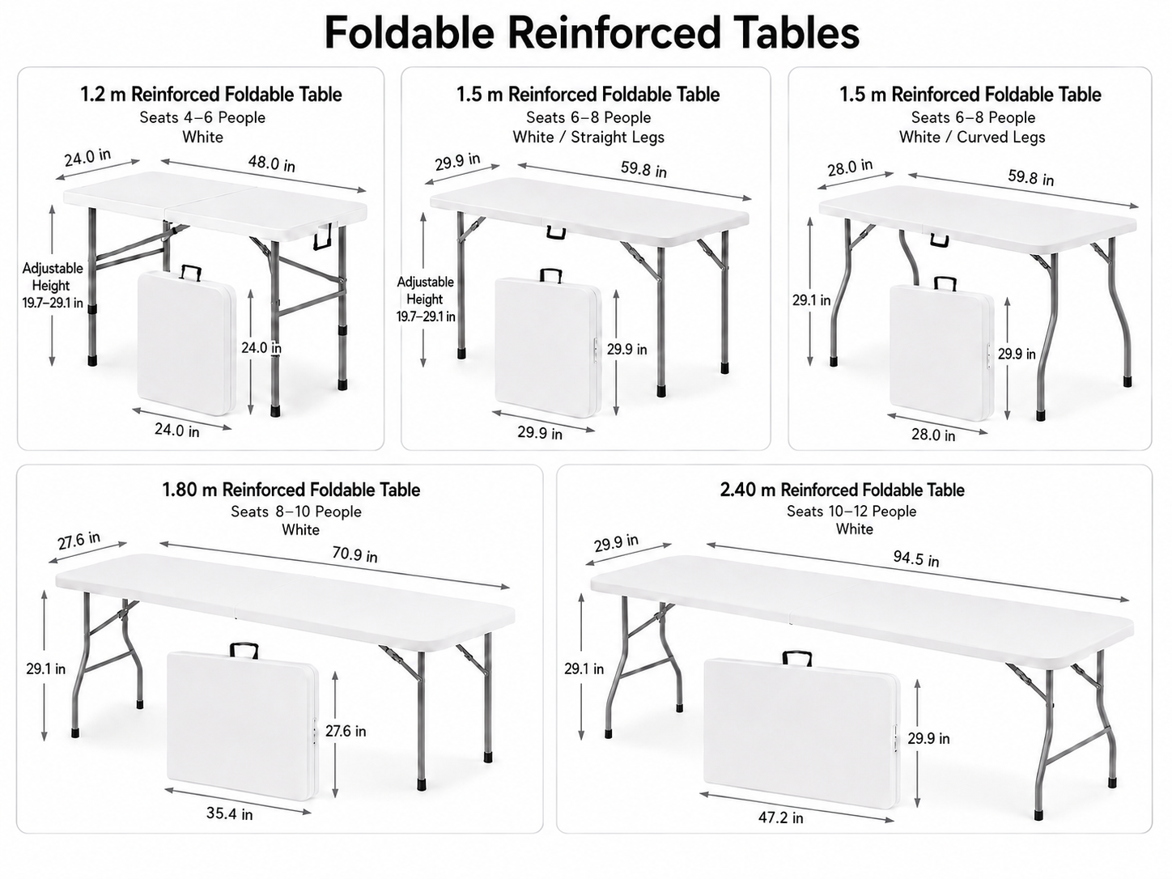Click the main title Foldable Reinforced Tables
click(591, 33)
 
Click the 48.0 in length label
click(271, 163)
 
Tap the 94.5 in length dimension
click(915, 558)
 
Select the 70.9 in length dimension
click(355, 554)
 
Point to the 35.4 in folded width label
click(230, 813)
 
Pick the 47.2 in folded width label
click(780, 817)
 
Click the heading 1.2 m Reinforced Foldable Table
click(211, 95)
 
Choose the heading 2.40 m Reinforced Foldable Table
click(842, 490)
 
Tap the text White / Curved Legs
click(972, 137)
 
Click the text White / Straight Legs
click(588, 137)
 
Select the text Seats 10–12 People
click(851, 512)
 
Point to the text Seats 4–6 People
click(202, 117)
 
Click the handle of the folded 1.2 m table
click(191, 272)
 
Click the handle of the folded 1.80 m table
click(244, 650)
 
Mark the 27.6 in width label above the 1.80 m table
click(79, 541)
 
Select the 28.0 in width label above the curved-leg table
click(850, 168)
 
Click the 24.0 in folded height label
click(261, 348)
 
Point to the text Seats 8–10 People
click(295, 512)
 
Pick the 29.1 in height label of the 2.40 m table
click(584, 669)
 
